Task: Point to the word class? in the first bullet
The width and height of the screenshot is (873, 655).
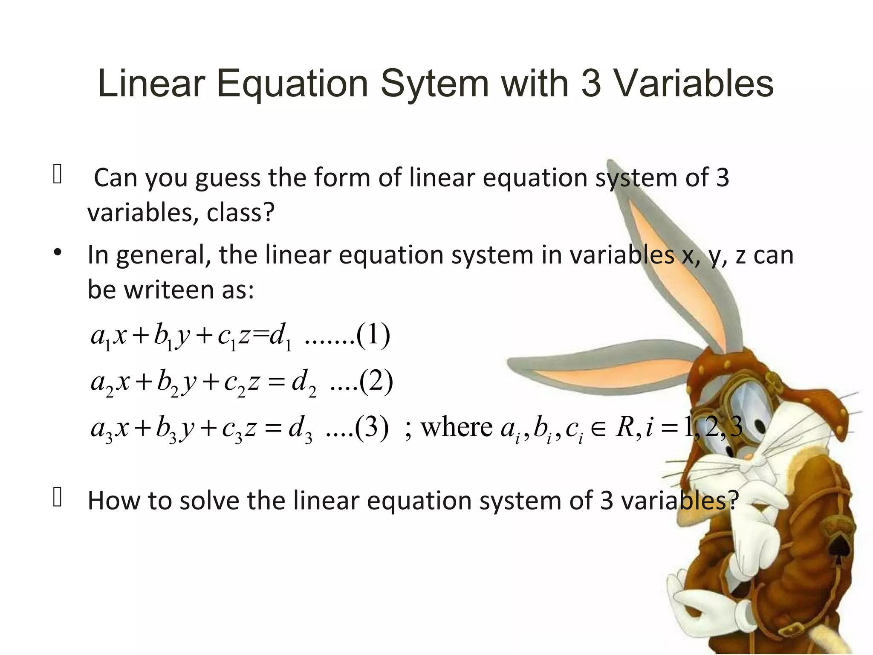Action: tap(240, 213)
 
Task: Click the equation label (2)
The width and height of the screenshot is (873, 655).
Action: tap(376, 382)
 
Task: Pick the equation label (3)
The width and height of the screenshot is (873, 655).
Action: tap(372, 428)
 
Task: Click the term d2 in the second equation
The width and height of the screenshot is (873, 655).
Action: tap(304, 383)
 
